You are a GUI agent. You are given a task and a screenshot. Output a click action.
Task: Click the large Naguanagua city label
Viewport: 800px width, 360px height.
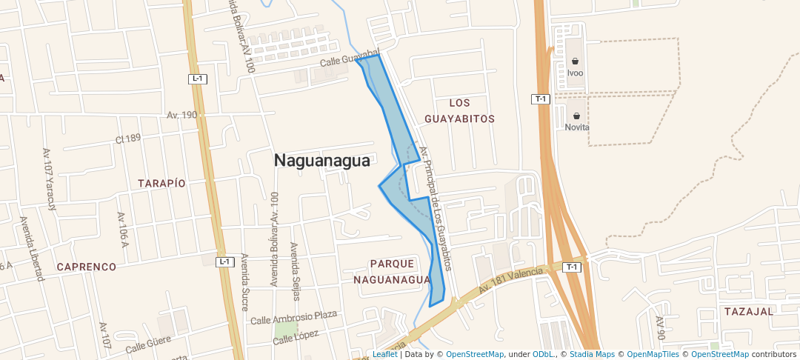(321, 160)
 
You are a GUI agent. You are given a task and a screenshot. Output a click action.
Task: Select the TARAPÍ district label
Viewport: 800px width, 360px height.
(161, 182)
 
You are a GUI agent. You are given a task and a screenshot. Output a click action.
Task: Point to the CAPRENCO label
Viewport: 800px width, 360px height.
(87, 267)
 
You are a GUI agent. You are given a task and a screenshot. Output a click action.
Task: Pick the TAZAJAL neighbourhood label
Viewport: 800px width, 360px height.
(749, 311)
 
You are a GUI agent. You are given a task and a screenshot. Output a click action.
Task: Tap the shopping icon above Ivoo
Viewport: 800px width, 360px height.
(576, 61)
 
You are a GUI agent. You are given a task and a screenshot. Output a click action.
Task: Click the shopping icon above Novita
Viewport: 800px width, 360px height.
(577, 116)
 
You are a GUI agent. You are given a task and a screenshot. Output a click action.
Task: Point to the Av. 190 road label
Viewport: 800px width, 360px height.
(182, 115)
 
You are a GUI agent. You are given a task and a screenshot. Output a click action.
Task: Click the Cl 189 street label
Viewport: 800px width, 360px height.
(128, 139)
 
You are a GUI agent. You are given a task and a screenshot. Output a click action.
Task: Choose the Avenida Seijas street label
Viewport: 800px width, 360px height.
(295, 271)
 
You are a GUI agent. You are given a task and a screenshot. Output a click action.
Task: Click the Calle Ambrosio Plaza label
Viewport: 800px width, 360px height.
(293, 317)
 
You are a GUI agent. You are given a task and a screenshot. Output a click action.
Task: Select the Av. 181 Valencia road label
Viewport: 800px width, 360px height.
(510, 279)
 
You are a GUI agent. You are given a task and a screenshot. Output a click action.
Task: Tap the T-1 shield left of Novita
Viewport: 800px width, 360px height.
(541, 99)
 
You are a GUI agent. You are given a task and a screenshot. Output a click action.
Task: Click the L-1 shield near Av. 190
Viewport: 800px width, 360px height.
(197, 79)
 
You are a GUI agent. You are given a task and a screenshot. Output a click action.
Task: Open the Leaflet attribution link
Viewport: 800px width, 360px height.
(384, 354)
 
